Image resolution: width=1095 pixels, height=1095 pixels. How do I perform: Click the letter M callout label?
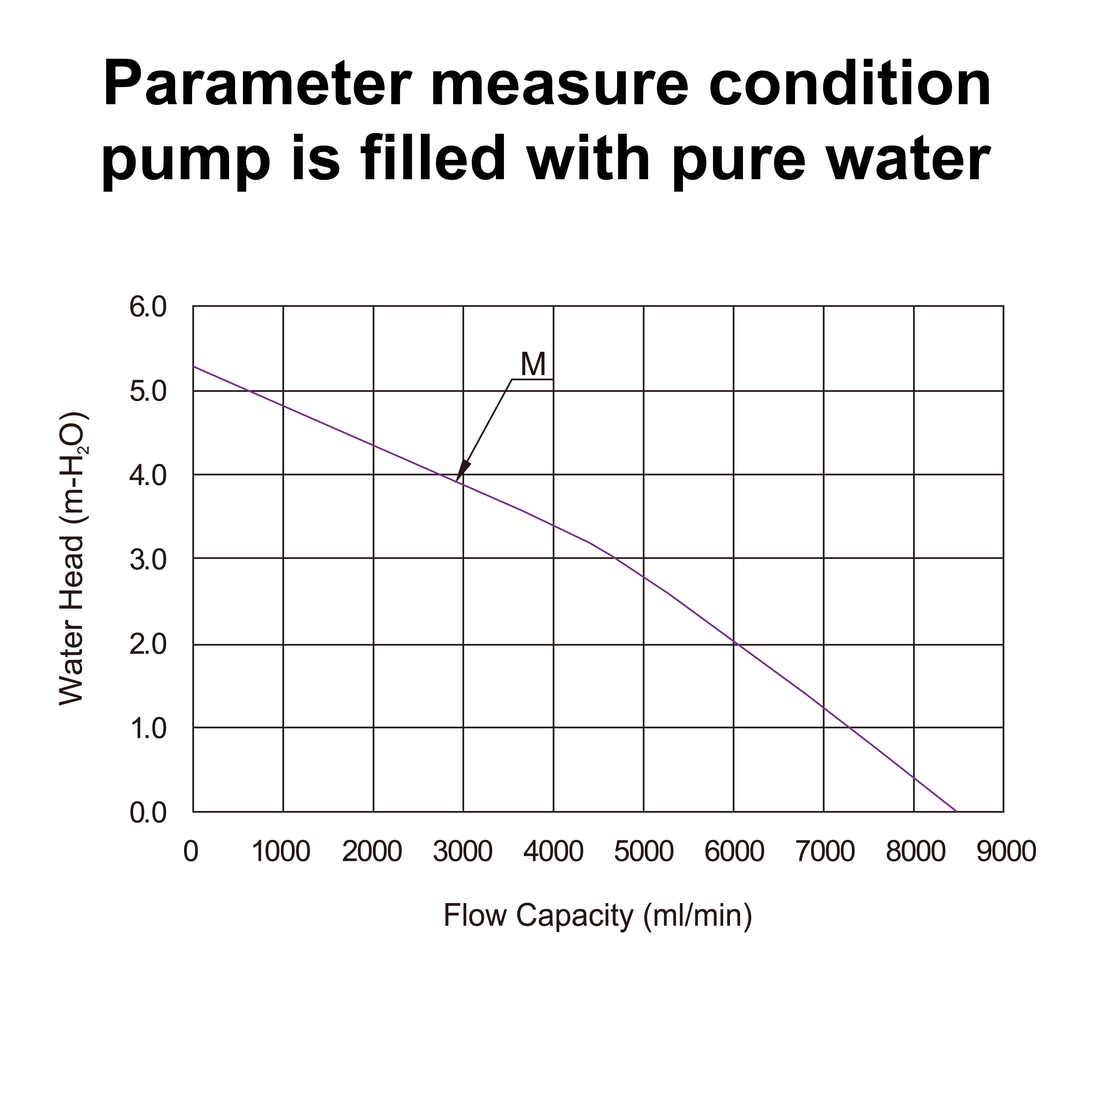point(533,364)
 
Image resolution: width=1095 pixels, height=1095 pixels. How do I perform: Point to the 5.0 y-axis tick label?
point(148,392)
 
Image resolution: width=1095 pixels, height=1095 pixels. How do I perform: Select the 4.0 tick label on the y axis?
point(148,475)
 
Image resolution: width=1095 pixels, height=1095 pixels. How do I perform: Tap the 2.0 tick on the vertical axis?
point(148,645)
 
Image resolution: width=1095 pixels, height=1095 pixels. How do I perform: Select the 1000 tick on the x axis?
point(281,852)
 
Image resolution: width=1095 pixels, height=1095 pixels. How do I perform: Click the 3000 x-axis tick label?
point(463,852)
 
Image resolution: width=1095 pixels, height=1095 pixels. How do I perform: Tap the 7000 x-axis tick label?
point(825,852)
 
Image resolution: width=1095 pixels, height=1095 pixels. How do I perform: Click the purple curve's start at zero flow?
point(194,367)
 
